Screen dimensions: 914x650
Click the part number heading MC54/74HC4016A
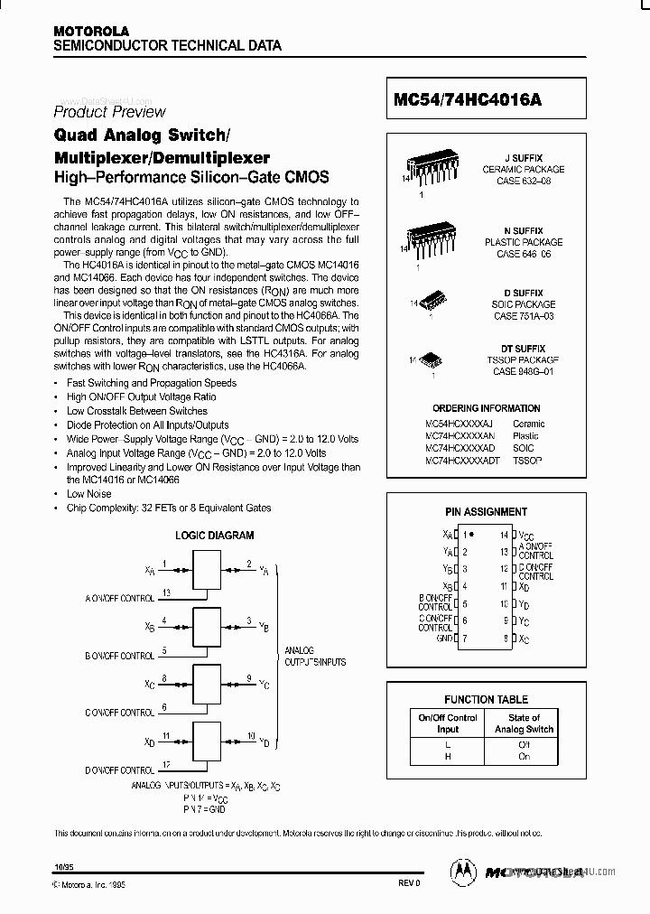[468, 101]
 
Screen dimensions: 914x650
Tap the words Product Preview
[109, 112]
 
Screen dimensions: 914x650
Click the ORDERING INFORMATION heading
[486, 408]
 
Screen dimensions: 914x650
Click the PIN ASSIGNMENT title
[487, 512]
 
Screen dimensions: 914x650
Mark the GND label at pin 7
[444, 639]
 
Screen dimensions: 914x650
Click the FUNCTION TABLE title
[486, 699]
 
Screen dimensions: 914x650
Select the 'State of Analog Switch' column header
[525, 723]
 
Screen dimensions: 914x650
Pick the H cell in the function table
[448, 757]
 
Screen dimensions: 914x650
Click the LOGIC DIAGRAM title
[214, 536]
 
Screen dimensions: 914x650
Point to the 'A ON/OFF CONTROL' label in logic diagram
[120, 598]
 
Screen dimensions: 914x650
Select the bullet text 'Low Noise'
[88, 494]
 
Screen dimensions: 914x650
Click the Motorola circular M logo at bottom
[462, 871]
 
